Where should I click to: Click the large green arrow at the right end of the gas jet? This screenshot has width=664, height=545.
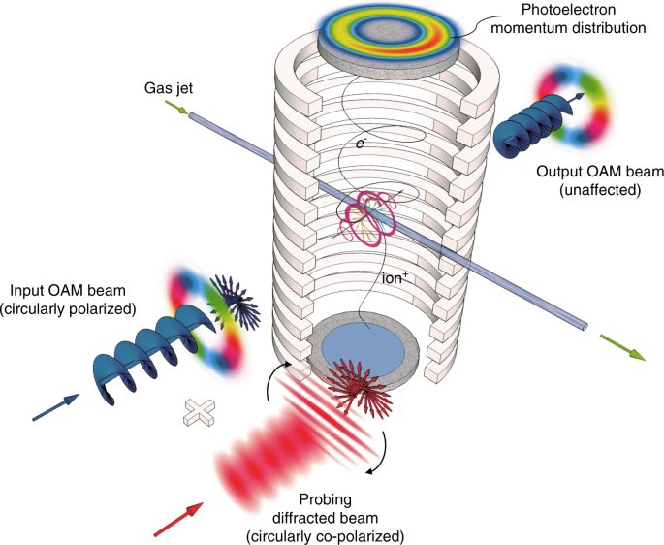(x=618, y=344)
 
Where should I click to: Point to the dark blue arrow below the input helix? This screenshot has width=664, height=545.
(x=53, y=406)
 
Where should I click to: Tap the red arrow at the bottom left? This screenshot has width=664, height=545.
(x=179, y=518)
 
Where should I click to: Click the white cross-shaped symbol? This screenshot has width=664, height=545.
(x=198, y=409)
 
